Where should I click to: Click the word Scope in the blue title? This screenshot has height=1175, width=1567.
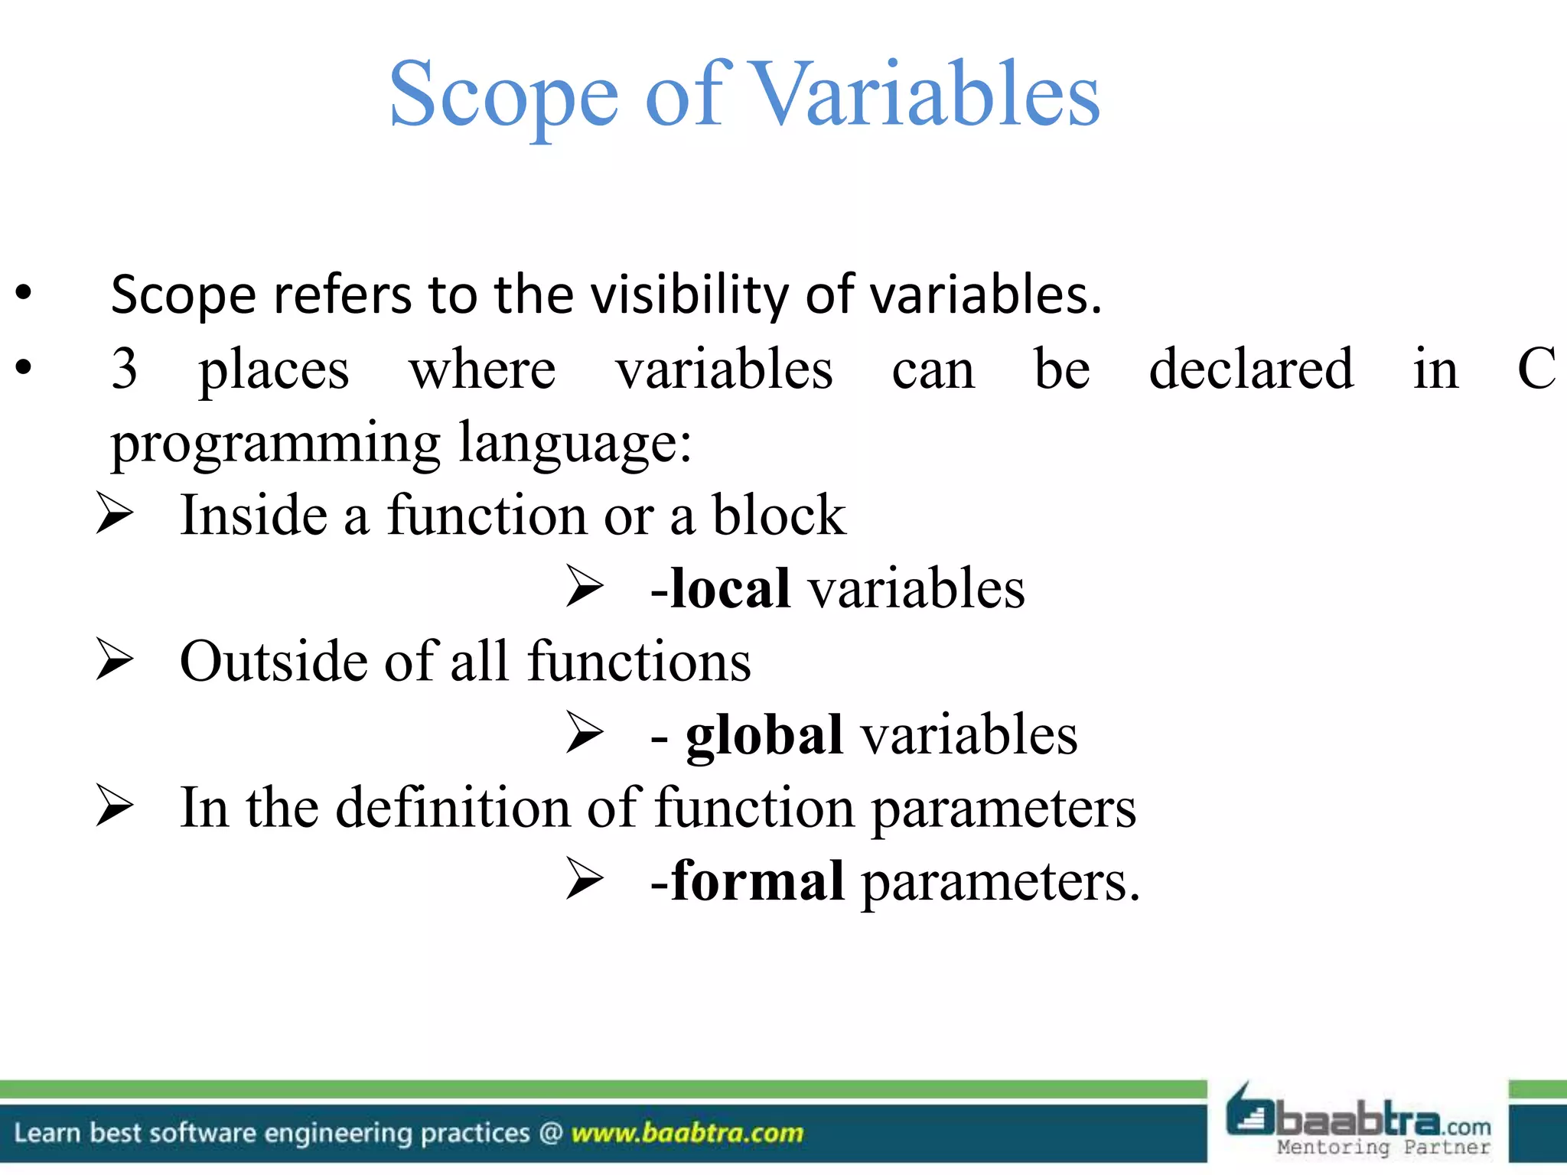503,95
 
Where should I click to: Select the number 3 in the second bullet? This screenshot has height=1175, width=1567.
124,369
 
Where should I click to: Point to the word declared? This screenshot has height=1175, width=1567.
1251,369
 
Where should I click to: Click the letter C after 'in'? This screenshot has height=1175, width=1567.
1536,369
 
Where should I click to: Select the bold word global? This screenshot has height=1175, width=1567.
764,735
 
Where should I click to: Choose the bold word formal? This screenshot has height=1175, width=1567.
757,881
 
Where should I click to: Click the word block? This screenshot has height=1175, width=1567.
779,515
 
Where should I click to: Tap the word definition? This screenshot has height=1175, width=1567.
453,808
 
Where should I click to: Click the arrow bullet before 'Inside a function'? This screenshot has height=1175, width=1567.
115,513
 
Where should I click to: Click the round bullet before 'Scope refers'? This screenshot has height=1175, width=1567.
24,293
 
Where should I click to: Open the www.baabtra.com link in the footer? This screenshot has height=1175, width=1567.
687,1132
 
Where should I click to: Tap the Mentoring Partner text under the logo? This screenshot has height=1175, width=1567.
1383,1147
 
